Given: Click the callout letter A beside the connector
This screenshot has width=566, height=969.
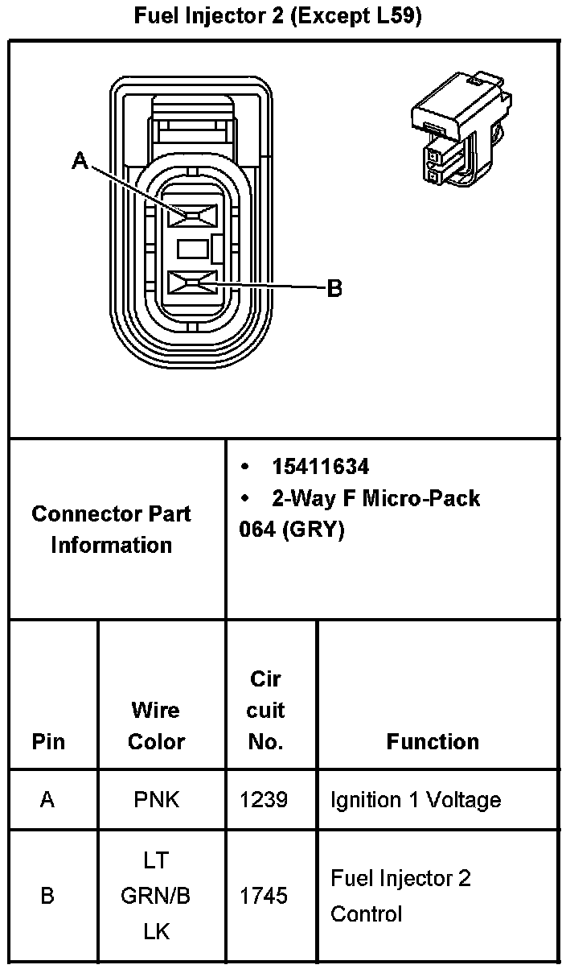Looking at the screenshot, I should pyautogui.click(x=80, y=162).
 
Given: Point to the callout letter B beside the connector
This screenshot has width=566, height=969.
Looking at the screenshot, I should pyautogui.click(x=334, y=288).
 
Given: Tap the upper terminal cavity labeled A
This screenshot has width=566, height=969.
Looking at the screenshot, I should pyautogui.click(x=194, y=216).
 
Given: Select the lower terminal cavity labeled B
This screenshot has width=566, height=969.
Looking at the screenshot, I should pyautogui.click(x=194, y=282).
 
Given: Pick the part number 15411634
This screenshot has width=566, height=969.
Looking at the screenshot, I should pyautogui.click(x=320, y=467).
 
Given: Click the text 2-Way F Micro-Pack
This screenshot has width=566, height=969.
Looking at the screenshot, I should pyautogui.click(x=375, y=498).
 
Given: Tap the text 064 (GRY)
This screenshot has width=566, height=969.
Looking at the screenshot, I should pyautogui.click(x=292, y=530).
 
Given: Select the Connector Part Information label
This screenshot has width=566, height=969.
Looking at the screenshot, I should pyautogui.click(x=112, y=529).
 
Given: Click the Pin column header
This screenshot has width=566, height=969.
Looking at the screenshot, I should pyautogui.click(x=49, y=741).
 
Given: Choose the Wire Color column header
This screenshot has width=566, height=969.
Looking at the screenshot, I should pyautogui.click(x=156, y=726).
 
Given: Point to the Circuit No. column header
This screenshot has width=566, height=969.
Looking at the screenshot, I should pyautogui.click(x=266, y=710).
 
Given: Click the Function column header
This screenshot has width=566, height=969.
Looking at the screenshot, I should pyautogui.click(x=433, y=741).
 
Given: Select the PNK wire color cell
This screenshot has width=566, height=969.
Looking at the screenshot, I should pyautogui.click(x=157, y=800).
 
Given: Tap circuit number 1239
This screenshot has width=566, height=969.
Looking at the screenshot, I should pyautogui.click(x=264, y=800).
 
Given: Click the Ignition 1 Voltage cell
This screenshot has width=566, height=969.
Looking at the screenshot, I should pyautogui.click(x=415, y=800).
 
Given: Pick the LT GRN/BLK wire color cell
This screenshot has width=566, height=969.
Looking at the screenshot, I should pyautogui.click(x=156, y=896).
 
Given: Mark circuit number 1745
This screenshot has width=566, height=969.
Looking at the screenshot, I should pyautogui.click(x=264, y=896).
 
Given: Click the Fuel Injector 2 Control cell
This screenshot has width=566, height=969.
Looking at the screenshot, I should pyautogui.click(x=400, y=896).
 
